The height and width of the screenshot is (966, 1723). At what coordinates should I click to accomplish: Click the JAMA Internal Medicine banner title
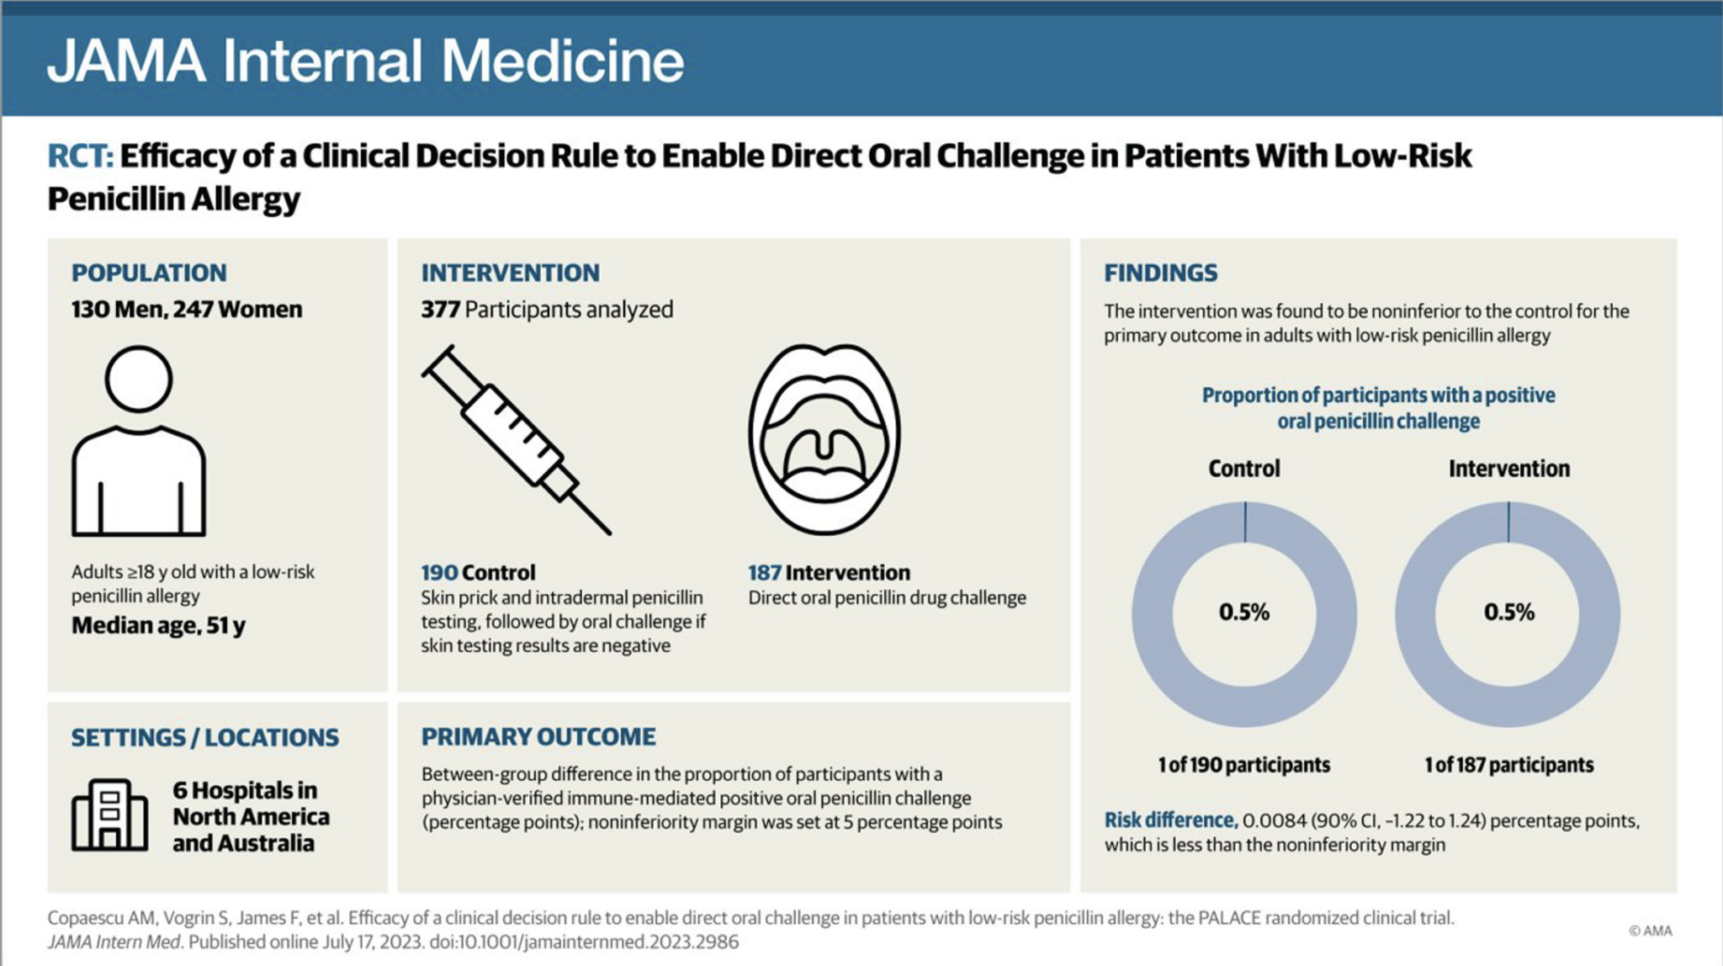(x=366, y=61)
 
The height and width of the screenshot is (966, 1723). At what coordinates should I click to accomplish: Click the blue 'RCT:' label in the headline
(x=80, y=157)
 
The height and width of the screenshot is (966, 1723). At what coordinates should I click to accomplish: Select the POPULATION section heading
(x=149, y=273)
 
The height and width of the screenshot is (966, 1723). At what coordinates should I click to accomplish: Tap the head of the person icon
(x=139, y=379)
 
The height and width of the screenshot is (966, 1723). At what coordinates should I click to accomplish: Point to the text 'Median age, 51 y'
(x=158, y=625)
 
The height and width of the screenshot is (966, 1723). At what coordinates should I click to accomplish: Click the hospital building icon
(x=110, y=815)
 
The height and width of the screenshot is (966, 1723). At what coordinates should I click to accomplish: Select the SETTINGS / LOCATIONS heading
(x=204, y=737)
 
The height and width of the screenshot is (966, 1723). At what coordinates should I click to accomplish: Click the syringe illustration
(x=515, y=439)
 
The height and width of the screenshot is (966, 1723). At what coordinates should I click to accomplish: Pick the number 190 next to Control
(x=438, y=573)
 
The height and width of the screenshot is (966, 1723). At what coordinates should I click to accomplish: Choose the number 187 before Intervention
(x=764, y=573)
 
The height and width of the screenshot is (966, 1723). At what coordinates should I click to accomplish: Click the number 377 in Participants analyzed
(x=440, y=310)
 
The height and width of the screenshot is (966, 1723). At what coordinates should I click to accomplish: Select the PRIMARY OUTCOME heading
(x=538, y=736)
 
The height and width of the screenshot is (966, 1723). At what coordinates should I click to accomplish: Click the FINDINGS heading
(x=1160, y=273)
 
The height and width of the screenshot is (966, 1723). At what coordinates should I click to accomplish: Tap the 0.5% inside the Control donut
(x=1243, y=612)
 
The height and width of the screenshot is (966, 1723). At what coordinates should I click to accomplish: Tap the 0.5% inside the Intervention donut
(x=1508, y=612)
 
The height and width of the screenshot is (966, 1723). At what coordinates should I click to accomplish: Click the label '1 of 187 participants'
(x=1508, y=765)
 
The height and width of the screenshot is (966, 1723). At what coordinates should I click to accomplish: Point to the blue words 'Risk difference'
(x=1169, y=820)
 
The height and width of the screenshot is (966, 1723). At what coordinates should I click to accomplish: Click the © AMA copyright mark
(x=1650, y=931)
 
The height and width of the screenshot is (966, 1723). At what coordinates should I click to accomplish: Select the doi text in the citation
(x=584, y=942)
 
